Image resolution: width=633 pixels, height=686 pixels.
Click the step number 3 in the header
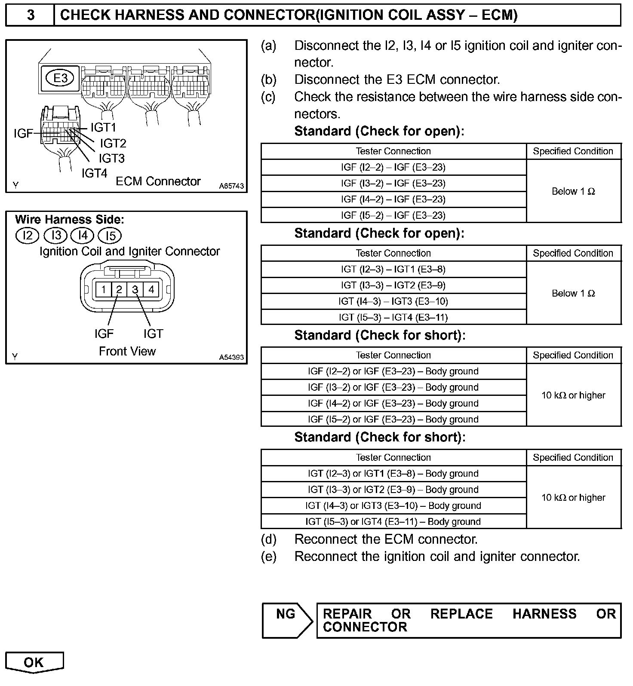tap(31, 15)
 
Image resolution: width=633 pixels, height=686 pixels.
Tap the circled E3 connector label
tap(61, 78)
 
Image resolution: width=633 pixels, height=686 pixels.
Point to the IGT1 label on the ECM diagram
tap(103, 127)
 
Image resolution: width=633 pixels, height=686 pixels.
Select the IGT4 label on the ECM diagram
tap(94, 173)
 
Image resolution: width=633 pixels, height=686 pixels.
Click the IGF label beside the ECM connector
tap(23, 133)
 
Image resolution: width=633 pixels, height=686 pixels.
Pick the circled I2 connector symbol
tap(28, 236)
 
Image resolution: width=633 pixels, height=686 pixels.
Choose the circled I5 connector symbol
tap(110, 236)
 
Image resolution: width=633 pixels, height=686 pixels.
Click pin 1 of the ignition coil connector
tap(103, 289)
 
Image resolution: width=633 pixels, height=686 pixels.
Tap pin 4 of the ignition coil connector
tap(151, 289)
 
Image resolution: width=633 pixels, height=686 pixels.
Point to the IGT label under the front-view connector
tap(153, 334)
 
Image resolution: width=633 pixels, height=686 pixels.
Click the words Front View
tap(127, 351)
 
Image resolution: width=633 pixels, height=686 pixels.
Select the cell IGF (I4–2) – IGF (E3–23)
tap(393, 199)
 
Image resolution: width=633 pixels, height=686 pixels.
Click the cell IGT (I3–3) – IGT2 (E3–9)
tap(393, 285)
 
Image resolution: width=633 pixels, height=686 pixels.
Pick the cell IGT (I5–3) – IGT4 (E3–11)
tap(393, 317)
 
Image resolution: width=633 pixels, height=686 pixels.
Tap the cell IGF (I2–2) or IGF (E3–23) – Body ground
tap(393, 371)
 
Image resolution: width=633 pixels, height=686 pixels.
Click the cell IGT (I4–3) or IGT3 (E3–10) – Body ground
tap(393, 505)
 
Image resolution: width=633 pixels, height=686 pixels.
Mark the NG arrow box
tap(286, 620)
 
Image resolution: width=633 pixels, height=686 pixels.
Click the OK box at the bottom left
tap(34, 662)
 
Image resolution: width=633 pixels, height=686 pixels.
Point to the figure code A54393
tap(231, 357)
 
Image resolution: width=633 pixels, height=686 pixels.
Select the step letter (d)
tap(268, 539)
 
